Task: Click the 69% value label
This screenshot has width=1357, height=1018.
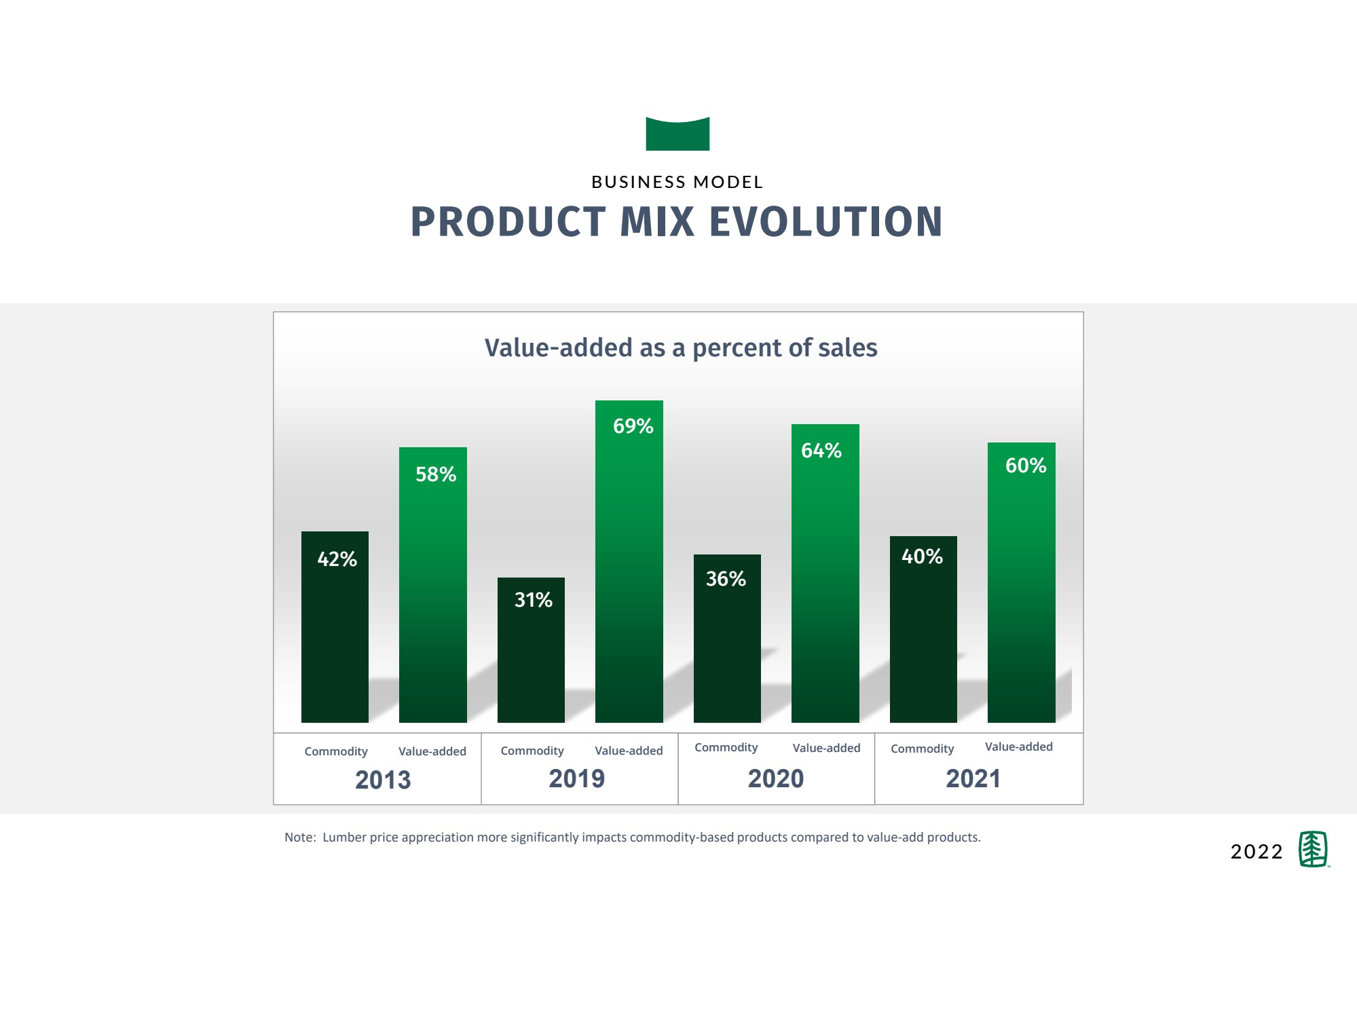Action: pos(633,426)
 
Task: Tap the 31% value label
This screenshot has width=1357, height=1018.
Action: pos(533,600)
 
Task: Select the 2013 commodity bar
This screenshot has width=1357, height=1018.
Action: pos(335,627)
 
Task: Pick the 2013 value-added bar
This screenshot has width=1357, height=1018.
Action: pos(433,585)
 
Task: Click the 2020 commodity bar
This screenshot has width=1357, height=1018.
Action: pos(727,639)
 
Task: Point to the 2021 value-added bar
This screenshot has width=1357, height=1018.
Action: pos(1022,582)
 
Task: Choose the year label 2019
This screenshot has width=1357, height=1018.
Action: pos(576,778)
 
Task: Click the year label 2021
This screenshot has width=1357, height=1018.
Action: pos(973,778)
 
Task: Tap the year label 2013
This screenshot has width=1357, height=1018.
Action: pos(383,780)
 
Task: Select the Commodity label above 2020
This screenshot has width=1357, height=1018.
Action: pos(726,747)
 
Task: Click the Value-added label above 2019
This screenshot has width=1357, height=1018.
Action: pos(629,751)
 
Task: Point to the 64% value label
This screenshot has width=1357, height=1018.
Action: pos(821,451)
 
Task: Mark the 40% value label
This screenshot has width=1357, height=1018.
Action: pos(922,557)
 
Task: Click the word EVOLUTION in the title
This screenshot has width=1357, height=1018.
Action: pos(826,221)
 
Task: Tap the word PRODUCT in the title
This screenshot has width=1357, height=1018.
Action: pos(508,221)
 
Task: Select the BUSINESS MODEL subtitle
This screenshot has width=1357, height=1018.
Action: pos(677,182)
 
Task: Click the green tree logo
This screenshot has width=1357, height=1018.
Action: pos(1314,849)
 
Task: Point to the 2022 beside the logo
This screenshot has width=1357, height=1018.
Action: pos(1257,852)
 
